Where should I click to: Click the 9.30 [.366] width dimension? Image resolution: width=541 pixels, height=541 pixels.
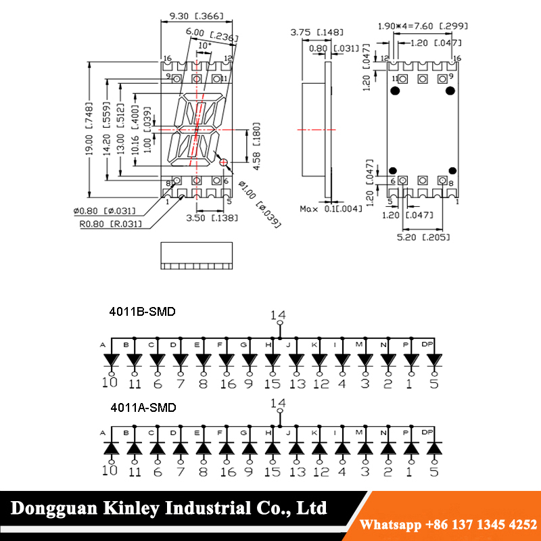coord(196,16)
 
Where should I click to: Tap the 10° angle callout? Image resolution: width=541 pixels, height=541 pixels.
coord(204,45)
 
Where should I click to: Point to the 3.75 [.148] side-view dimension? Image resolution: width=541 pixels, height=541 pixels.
coord(316,32)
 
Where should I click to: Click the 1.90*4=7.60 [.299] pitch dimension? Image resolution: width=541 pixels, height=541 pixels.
coord(423,26)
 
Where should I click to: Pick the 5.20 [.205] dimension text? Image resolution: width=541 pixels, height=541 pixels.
coord(423,237)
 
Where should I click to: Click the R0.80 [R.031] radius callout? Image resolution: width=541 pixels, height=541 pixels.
coord(110,224)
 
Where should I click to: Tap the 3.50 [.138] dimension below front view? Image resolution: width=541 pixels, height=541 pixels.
coord(212,218)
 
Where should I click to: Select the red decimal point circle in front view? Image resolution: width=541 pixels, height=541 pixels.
coord(224,162)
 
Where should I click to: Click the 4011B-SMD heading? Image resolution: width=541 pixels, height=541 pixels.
coord(142,312)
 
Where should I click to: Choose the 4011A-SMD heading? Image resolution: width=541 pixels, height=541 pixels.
coord(143,408)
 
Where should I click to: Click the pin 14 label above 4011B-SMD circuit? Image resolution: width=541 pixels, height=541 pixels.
coord(278,315)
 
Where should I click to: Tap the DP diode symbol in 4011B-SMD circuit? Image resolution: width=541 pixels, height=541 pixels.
coord(434,360)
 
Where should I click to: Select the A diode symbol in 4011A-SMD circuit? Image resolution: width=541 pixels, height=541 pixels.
coord(112,448)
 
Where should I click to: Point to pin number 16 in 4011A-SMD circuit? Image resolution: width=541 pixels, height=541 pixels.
coord(228,471)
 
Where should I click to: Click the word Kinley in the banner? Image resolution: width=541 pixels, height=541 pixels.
coord(131,509)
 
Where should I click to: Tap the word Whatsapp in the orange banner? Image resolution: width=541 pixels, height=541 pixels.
coord(390,525)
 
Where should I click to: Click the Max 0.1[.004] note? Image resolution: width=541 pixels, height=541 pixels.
coord(331,209)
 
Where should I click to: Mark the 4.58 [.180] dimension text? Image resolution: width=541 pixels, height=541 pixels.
coord(256,145)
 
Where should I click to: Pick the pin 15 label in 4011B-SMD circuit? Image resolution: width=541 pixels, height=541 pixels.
coord(273,384)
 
